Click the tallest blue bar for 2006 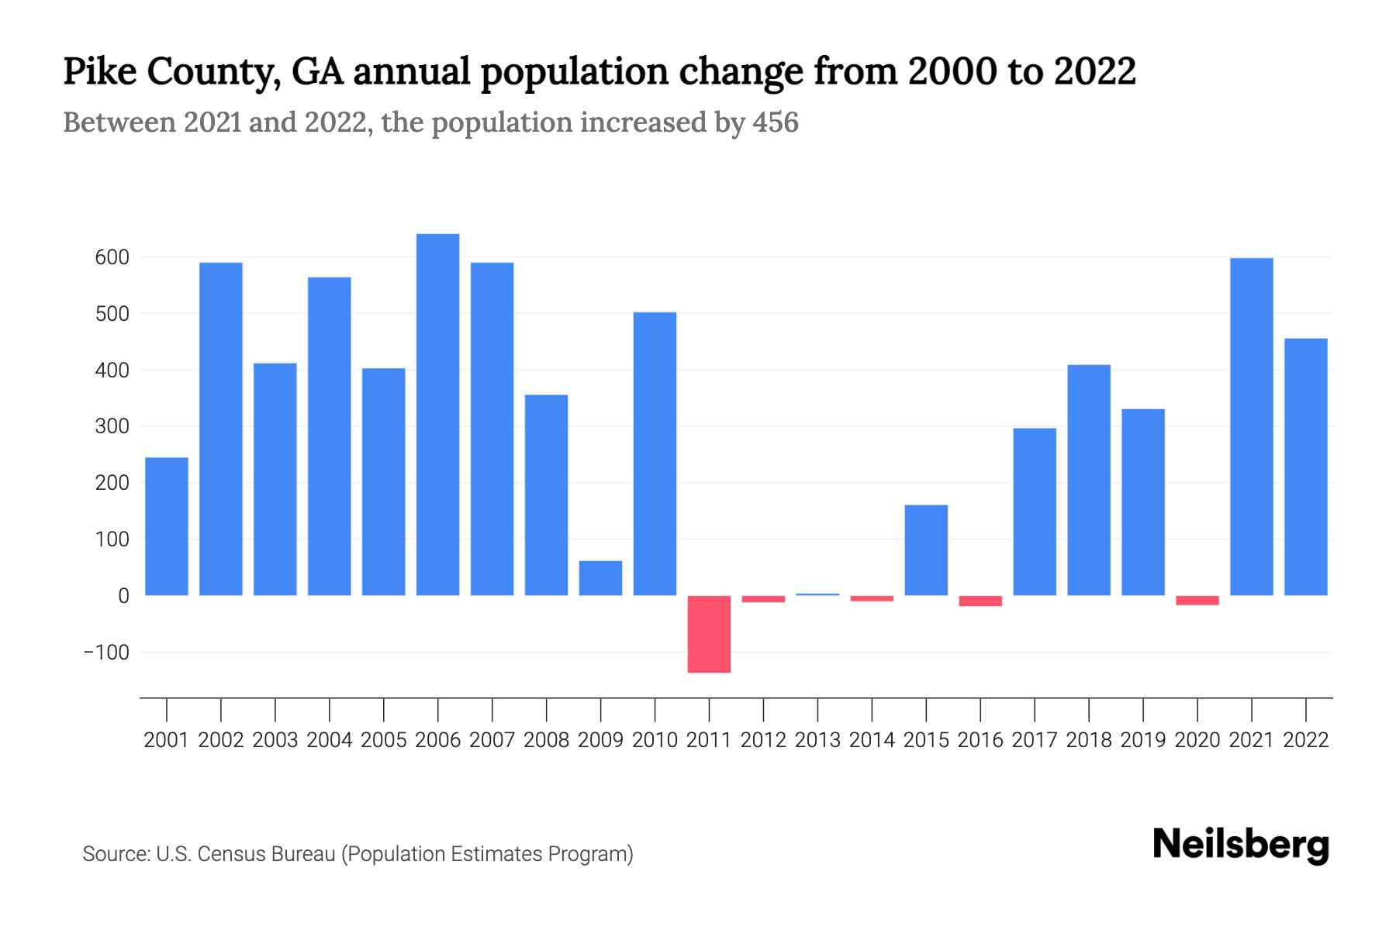coord(437,415)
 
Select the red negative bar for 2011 coord(709,634)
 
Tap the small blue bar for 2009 coord(600,578)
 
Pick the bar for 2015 coord(926,550)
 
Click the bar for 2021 coord(1251,426)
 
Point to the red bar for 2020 coord(1197,601)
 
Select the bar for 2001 coord(167,527)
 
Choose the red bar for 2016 coord(980,601)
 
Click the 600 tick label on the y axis coord(112,257)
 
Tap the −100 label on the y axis coord(107,653)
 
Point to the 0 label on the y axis coord(123,596)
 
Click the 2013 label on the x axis coord(817,740)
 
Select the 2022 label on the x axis coord(1306,740)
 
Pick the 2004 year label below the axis coord(330,740)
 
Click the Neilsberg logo coord(1241,845)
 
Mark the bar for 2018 coord(1088,480)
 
